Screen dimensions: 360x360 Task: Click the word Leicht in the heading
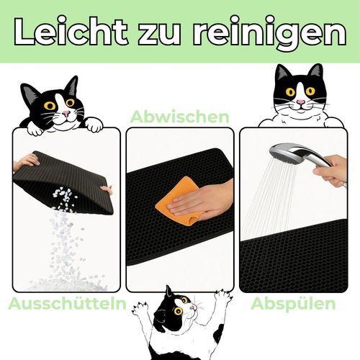(x=71, y=31)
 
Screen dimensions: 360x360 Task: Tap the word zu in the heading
(x=160, y=34)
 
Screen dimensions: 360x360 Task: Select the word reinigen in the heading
(x=269, y=34)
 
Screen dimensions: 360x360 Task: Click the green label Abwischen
(x=180, y=117)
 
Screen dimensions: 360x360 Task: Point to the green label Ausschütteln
(x=68, y=303)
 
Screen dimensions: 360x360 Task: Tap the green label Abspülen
(x=293, y=305)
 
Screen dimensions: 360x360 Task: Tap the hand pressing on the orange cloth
(x=202, y=200)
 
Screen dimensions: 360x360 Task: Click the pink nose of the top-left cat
(x=66, y=113)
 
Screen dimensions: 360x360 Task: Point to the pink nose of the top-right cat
(x=300, y=102)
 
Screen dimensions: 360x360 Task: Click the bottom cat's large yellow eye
(x=178, y=311)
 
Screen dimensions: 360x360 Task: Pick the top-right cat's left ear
(x=282, y=73)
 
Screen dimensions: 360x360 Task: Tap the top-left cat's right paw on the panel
(x=95, y=125)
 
